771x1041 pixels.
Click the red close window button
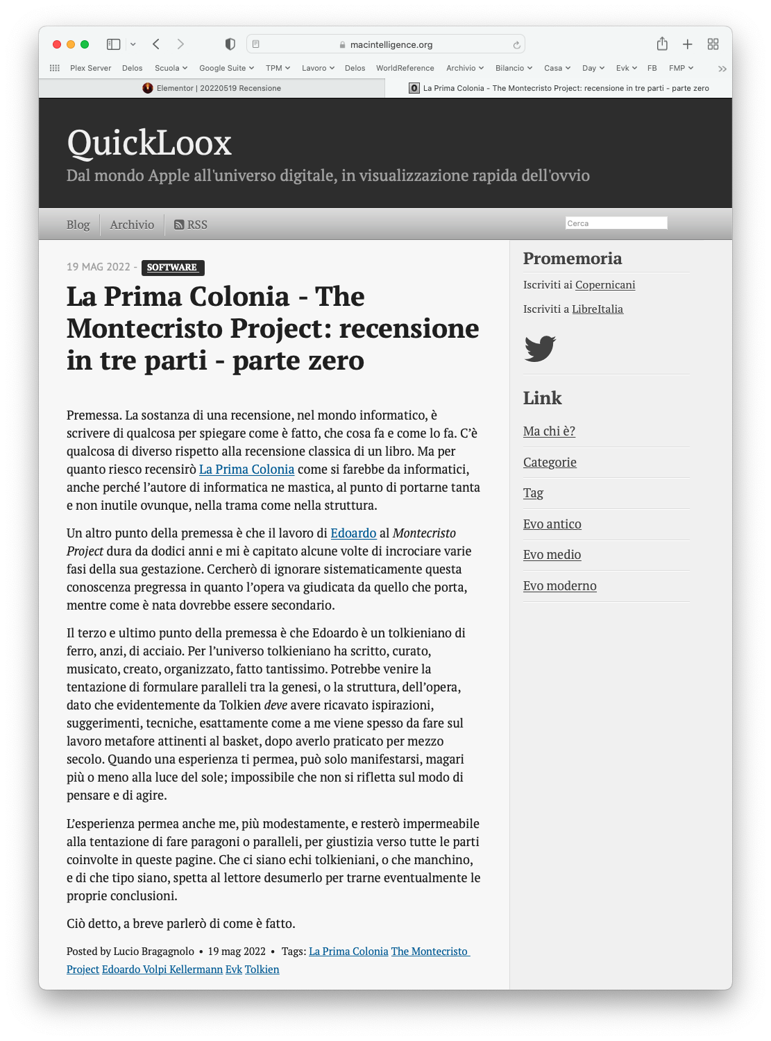point(57,44)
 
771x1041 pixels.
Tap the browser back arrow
point(156,44)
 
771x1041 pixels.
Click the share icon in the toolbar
point(662,44)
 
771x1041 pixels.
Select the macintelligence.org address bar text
point(391,44)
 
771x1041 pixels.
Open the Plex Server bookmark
point(90,68)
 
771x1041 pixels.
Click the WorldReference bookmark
point(405,68)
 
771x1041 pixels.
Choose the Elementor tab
point(212,88)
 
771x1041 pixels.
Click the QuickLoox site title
point(149,143)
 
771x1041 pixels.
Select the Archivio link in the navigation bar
point(132,225)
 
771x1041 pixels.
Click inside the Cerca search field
point(616,223)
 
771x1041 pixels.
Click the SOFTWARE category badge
point(172,267)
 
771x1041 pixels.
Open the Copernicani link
point(605,285)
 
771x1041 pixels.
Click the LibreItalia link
point(598,309)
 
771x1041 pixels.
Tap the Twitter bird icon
point(540,348)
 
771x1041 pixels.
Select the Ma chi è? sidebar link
point(549,431)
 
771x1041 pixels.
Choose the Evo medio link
point(552,555)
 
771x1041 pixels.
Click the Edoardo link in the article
point(353,533)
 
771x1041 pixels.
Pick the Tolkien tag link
point(262,970)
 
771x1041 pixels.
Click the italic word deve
point(276,705)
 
